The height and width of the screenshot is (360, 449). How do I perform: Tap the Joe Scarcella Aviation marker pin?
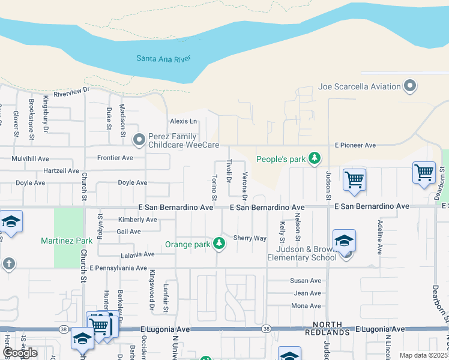click(411, 86)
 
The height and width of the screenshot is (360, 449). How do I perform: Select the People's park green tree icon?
click(314, 159)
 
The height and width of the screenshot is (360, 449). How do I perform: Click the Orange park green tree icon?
click(220, 244)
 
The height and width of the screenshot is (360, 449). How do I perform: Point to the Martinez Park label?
click(67, 241)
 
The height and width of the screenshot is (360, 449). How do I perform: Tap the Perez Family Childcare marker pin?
click(139, 140)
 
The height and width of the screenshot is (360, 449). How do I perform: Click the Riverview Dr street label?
click(71, 92)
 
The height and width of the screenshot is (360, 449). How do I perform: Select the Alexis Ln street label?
click(183, 121)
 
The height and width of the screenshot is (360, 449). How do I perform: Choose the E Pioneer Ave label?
click(355, 145)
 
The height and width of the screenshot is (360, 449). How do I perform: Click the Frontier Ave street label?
click(115, 158)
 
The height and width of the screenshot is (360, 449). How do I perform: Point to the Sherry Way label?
click(250, 238)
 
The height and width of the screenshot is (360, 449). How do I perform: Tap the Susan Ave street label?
click(306, 281)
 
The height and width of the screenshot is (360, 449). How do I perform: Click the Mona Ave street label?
click(306, 306)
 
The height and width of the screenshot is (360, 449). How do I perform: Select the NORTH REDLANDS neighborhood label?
click(327, 328)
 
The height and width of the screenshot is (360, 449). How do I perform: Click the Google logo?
click(20, 353)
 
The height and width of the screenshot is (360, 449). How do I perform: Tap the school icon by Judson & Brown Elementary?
click(344, 241)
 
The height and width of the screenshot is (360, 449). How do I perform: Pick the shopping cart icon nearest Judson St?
click(354, 179)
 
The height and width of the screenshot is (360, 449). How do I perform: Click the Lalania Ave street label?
click(137, 254)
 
